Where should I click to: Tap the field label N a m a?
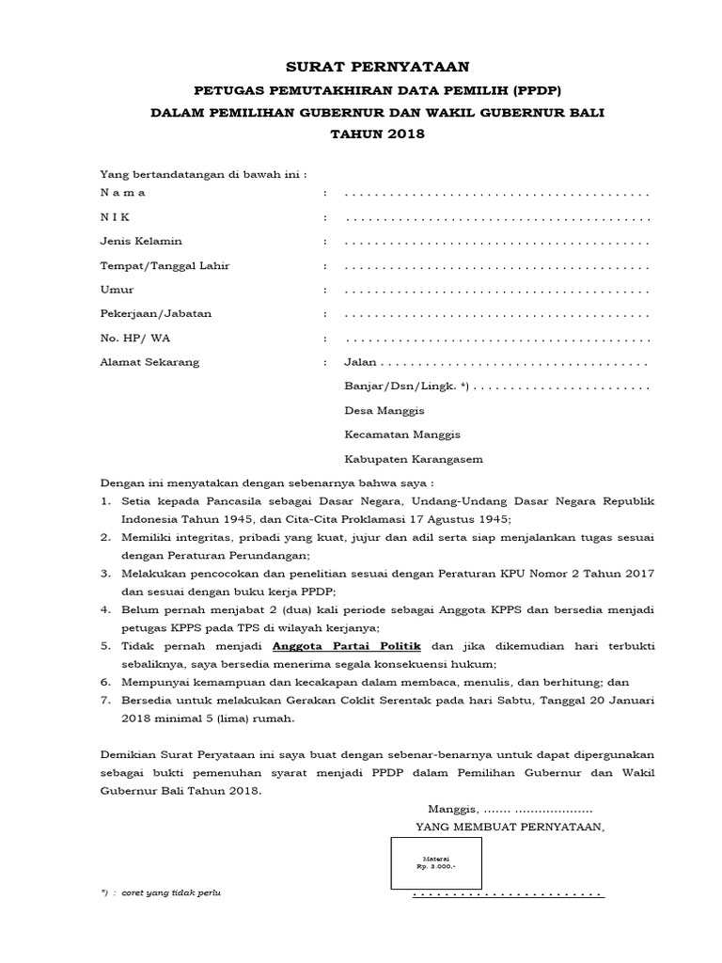123,193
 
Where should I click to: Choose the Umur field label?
118,290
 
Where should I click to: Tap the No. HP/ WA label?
136,338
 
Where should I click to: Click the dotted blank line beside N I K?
497,218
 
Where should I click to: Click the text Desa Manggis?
385,411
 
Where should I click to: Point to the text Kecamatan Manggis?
402,435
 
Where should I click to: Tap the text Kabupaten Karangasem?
414,460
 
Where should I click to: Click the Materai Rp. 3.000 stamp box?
436,862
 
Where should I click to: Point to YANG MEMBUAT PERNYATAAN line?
510,827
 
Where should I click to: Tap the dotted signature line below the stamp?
508,893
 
